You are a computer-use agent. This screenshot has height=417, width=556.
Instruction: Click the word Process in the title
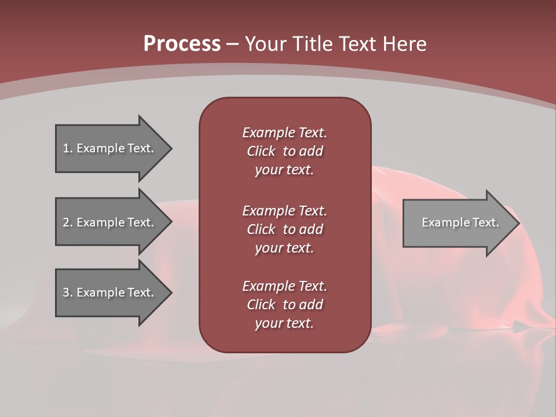182,44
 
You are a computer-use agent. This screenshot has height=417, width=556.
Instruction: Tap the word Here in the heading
404,44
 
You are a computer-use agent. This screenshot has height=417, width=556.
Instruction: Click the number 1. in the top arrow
68,148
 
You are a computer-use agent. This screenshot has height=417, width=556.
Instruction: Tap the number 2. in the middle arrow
68,222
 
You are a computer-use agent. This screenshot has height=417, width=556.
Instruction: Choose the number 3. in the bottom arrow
68,292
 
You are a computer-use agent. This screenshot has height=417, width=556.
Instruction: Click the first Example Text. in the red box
284,133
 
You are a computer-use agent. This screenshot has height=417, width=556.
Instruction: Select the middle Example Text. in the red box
284,210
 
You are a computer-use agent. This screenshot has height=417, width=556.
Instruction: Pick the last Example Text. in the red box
284,286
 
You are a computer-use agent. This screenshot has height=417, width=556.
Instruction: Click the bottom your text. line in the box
284,323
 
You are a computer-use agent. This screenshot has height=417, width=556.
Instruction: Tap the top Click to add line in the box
284,151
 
